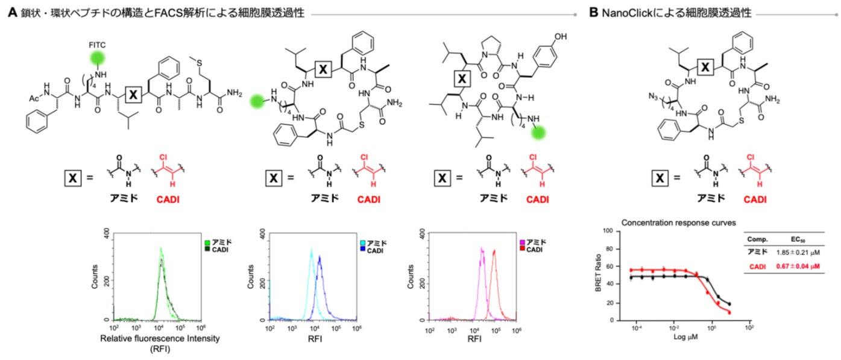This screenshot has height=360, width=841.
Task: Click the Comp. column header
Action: coord(757,239)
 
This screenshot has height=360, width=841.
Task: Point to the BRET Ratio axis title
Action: coord(597,276)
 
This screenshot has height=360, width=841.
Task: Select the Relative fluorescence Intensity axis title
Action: coord(159,338)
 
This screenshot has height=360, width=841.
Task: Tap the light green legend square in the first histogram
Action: coord(207,242)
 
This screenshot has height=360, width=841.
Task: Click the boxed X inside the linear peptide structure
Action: coord(134,95)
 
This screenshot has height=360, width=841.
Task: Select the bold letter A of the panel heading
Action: coord(10,12)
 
